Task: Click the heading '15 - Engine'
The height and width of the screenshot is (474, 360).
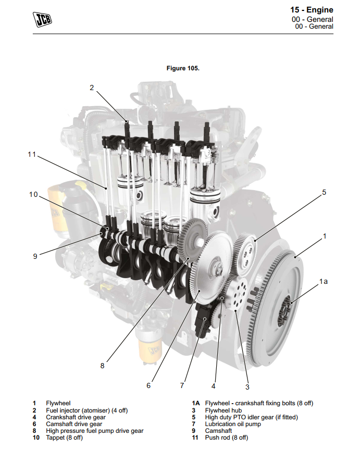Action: pos(312,10)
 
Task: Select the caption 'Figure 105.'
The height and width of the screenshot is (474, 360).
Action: pos(183,68)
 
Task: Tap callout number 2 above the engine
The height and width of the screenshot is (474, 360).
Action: pos(92,88)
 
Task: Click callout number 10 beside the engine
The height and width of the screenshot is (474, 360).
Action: pos(33,194)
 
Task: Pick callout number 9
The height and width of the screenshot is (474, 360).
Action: pos(35,256)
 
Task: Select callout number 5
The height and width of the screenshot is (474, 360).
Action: pos(324,192)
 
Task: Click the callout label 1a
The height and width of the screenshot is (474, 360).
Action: pos(324,281)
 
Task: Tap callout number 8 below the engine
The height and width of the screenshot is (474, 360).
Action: pos(102,366)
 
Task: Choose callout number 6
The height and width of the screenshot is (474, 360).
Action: pos(148,386)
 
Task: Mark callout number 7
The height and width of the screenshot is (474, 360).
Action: pos(182,386)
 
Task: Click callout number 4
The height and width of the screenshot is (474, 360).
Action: pos(213,386)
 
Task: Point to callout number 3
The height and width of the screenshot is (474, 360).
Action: pos(247,387)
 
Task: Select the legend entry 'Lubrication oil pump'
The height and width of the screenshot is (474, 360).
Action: pos(233,424)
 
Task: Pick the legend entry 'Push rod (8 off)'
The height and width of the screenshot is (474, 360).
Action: pos(226,438)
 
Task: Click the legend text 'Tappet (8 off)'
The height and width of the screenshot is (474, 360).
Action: pos(64,438)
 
